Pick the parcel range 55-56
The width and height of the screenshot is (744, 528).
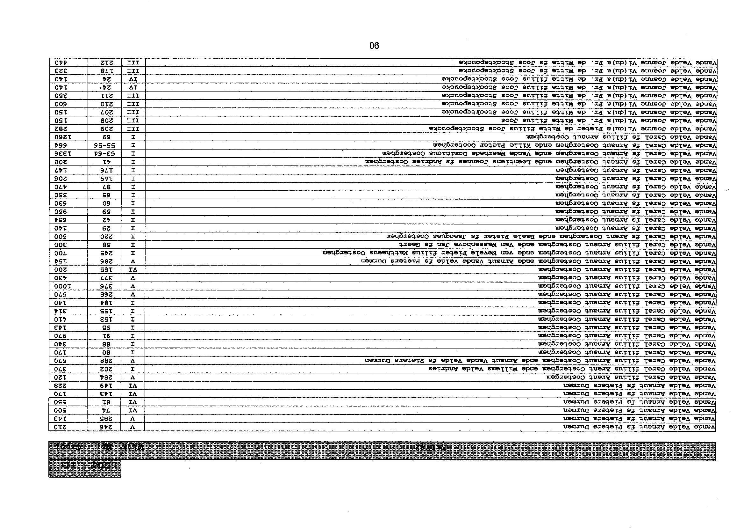click(x=104, y=145)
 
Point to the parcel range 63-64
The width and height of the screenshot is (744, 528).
click(x=104, y=153)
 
